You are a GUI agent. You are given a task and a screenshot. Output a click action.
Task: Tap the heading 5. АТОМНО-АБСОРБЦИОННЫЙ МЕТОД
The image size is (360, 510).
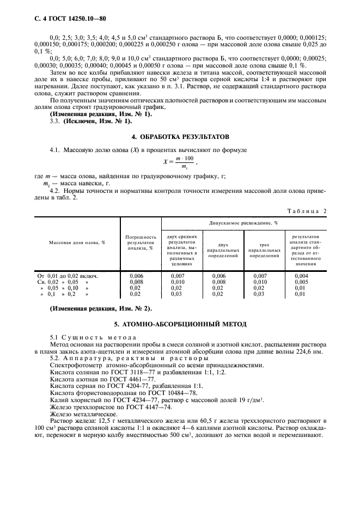180,324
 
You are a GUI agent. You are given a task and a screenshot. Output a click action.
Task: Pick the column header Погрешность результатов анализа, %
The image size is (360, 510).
141,242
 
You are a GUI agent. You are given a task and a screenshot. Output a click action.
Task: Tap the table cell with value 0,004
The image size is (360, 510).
301,276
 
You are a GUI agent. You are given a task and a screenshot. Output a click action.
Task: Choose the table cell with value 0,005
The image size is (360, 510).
301,282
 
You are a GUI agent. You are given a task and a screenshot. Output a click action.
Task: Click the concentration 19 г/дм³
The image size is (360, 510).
251,399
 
